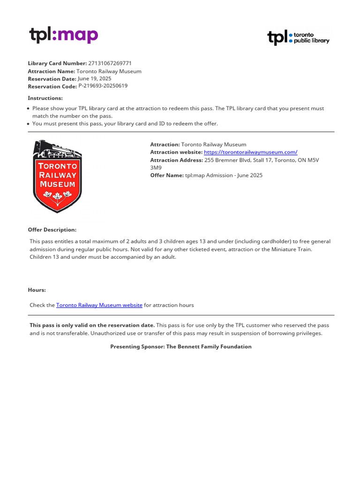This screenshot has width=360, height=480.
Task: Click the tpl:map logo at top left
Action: [x=63, y=36]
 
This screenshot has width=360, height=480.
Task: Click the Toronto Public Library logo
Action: [x=298, y=37]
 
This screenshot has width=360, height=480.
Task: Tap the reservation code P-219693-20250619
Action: [x=103, y=86]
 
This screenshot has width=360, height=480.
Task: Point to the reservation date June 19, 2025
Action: [x=94, y=79]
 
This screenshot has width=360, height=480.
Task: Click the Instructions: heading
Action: [x=45, y=98]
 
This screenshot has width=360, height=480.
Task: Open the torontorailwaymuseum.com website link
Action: [x=250, y=152]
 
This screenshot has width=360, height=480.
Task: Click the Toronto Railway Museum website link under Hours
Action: [x=99, y=305]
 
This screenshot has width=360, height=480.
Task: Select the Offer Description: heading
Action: [x=52, y=230]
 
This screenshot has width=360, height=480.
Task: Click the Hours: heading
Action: [x=37, y=290]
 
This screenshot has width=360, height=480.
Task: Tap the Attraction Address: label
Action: [x=176, y=160]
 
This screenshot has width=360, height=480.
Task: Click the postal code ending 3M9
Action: [x=155, y=167]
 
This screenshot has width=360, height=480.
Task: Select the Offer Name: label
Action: [x=167, y=175]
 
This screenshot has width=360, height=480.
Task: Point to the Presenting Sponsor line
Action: [x=180, y=347]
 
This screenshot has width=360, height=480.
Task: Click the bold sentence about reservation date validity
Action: [x=92, y=325]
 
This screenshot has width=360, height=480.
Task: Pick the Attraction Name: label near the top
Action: [x=51, y=71]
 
